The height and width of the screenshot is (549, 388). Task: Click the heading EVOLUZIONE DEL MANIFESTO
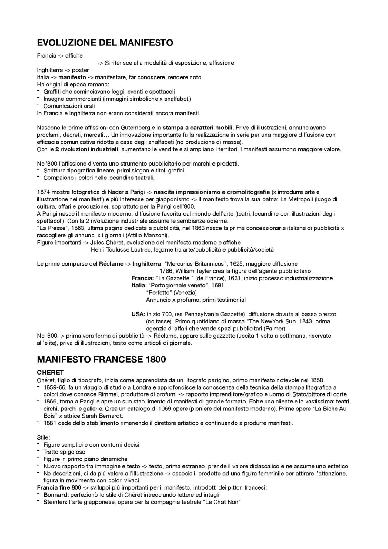[105, 43]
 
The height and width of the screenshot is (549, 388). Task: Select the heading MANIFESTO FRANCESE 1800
[101, 360]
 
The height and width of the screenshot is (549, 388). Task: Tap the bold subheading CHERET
[50, 372]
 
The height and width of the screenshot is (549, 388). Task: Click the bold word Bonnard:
[56, 495]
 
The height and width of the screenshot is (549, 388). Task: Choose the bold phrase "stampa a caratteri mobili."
[198, 128]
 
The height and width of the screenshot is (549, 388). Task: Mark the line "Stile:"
[43, 437]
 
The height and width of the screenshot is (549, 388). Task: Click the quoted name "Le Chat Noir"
[221, 502]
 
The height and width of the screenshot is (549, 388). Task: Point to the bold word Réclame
[111, 264]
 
